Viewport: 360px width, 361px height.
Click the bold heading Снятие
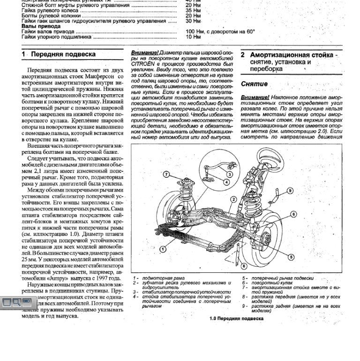coord(254,84)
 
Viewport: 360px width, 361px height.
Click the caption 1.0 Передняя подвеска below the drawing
coord(236,318)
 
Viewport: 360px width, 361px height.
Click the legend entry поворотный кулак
coord(271,283)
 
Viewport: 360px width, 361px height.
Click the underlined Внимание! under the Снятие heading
coord(255,97)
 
